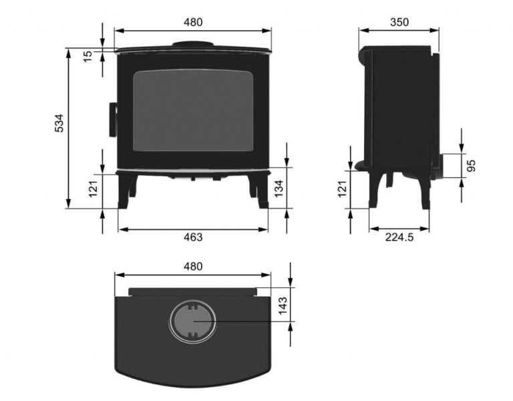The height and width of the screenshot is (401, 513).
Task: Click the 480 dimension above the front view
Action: [192, 22]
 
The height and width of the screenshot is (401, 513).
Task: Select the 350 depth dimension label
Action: [399, 22]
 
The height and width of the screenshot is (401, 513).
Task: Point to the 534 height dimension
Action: [59, 124]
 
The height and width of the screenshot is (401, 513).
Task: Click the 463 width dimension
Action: [192, 237]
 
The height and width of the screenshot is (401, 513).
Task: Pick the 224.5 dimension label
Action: [399, 237]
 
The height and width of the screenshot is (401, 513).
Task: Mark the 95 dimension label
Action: [472, 165]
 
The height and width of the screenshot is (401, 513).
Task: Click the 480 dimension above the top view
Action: [192, 266]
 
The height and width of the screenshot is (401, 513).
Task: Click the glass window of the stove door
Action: [193, 110]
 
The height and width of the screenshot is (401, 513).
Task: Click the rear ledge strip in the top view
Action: [193, 292]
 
